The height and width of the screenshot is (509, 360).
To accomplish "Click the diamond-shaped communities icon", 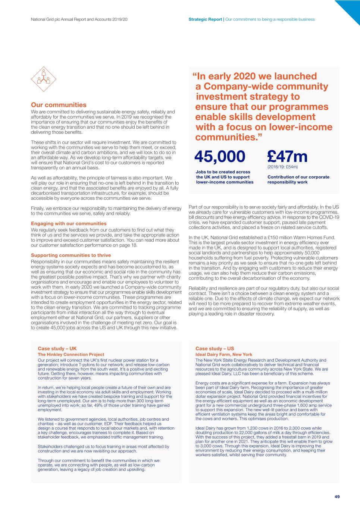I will coord(44,79).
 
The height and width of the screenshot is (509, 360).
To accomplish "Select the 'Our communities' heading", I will coord(59,105).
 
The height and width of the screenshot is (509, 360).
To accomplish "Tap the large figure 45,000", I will coord(220,157).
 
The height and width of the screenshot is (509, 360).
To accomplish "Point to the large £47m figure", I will coord(287,157).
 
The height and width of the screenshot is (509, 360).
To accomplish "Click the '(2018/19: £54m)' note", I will coord(282,167).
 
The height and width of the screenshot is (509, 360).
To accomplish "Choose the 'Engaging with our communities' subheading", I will coord(69,224).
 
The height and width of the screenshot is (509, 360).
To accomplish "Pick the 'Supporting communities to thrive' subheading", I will coord(71,255).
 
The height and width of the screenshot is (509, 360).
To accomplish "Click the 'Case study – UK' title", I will coord(57,349).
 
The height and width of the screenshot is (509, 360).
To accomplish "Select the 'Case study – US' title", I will coord(215,349).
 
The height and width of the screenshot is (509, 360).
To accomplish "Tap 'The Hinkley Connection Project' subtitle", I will coord(71,355).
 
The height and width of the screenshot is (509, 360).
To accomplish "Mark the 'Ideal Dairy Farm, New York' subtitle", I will coord(224,355).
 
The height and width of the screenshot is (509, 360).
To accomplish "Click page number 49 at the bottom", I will coord(337,497).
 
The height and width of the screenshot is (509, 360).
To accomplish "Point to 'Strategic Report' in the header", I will coord(205,19).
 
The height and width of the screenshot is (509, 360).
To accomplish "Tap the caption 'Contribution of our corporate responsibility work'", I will coord(298,180).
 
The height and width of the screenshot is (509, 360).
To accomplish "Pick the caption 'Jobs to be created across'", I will coord(223,172).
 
